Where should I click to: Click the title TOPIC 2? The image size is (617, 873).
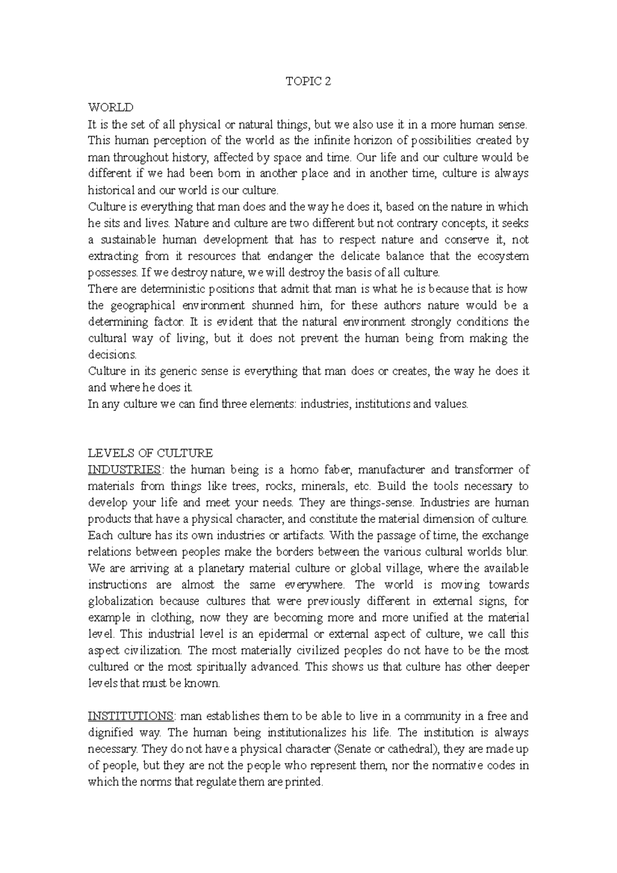308,82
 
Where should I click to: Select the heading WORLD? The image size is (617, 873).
111,107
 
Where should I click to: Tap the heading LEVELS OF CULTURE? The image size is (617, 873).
150,453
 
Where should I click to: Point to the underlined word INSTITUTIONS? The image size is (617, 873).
131,716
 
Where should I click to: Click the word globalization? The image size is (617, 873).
121,601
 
